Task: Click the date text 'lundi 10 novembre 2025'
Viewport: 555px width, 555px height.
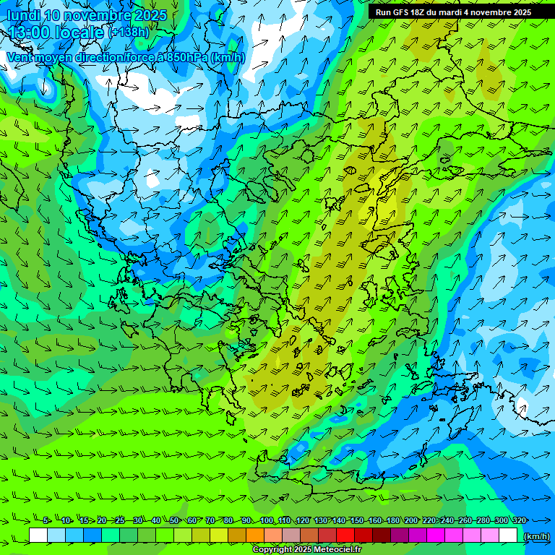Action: (x=87, y=15)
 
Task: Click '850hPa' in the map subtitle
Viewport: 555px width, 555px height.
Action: (x=187, y=58)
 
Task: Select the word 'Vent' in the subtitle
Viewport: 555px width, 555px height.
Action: (x=22, y=58)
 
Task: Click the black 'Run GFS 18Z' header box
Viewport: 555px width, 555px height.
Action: (x=453, y=12)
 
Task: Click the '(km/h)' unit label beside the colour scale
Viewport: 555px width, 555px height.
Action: (x=535, y=536)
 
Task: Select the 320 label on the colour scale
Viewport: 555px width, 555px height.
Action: (x=519, y=521)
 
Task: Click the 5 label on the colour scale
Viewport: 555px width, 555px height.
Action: (x=46, y=521)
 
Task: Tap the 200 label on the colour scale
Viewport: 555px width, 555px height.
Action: (x=410, y=521)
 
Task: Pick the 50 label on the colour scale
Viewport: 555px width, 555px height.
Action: (x=174, y=521)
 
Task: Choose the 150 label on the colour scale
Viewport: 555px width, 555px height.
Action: (x=356, y=521)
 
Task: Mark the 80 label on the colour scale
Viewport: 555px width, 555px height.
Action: (x=228, y=521)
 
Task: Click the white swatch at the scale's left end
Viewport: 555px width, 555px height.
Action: (x=38, y=535)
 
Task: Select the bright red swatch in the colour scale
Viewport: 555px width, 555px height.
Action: (x=345, y=535)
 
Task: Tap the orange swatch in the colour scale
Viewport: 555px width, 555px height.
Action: (x=255, y=535)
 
